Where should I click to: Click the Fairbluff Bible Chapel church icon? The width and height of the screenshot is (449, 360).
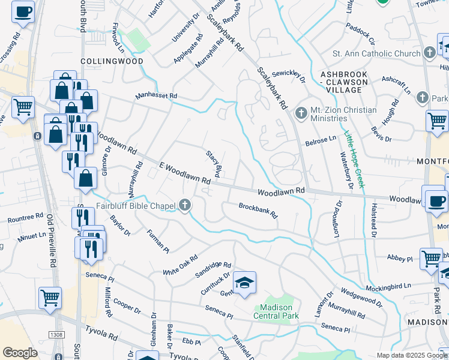click(x=185, y=206)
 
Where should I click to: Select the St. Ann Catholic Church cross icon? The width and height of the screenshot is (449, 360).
click(x=430, y=53)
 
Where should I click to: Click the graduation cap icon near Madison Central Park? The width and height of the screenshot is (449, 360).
click(x=244, y=283)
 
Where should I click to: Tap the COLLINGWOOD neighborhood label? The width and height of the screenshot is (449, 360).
click(x=112, y=61)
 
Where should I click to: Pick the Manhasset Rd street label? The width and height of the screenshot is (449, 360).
click(x=156, y=95)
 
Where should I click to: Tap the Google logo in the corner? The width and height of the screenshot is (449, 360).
click(x=20, y=353)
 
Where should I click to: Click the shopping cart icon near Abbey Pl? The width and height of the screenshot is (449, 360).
click(x=431, y=259)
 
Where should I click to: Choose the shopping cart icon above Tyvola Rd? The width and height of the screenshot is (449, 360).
click(x=50, y=297)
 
